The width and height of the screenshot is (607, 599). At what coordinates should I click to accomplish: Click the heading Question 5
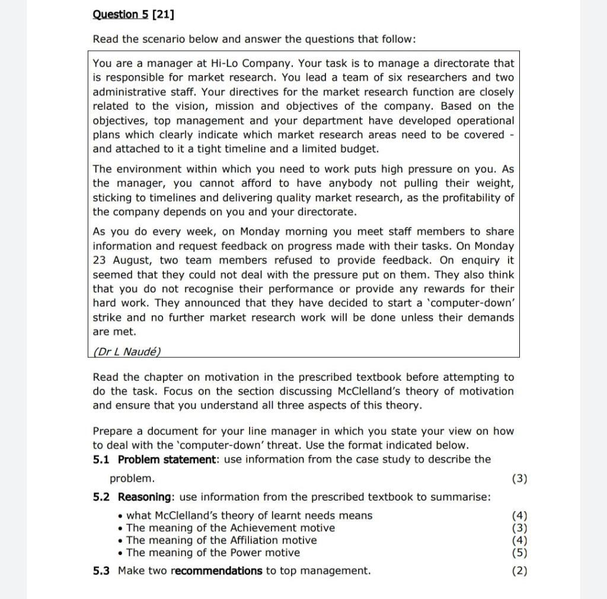point(121,14)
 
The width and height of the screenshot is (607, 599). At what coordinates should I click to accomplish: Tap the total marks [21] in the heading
point(163,14)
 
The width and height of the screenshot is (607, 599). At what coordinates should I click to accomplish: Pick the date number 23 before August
point(99,260)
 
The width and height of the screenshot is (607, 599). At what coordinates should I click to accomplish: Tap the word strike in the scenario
point(107,317)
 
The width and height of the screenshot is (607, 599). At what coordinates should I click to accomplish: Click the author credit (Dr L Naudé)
point(127,351)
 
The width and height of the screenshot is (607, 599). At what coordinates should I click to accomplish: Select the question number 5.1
point(101,459)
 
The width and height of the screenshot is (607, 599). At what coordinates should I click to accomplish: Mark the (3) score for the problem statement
point(519,479)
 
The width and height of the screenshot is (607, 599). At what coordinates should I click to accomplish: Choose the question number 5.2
point(101,497)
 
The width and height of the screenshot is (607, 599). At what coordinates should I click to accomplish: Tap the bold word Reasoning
point(146,497)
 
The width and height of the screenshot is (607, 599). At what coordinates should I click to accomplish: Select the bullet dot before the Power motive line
point(120,553)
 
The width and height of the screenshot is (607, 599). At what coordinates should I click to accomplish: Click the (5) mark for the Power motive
point(519,553)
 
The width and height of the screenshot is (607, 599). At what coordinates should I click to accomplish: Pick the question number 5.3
point(101,571)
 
